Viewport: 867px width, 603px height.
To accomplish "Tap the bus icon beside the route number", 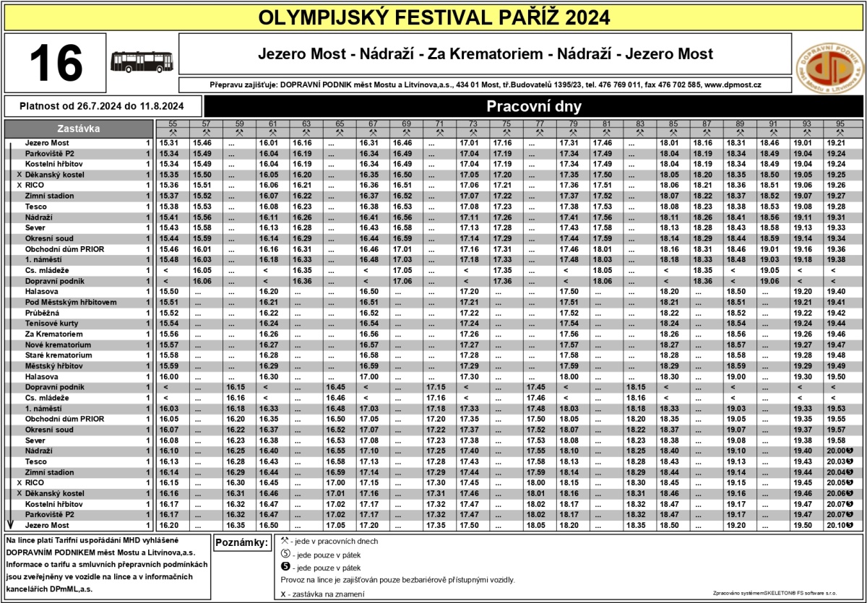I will [x=142, y=62].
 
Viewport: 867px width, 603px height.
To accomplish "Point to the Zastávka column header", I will [x=79, y=129].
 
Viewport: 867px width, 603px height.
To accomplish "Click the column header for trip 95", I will [x=840, y=123].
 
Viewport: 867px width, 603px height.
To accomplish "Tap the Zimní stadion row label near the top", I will [x=50, y=196].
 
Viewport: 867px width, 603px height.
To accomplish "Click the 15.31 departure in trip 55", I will [x=168, y=143].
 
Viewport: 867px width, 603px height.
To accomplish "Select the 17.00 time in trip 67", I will [x=368, y=377].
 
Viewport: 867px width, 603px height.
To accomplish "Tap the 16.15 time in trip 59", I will [x=236, y=387].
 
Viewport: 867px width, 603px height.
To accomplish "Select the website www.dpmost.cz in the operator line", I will [x=733, y=84].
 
